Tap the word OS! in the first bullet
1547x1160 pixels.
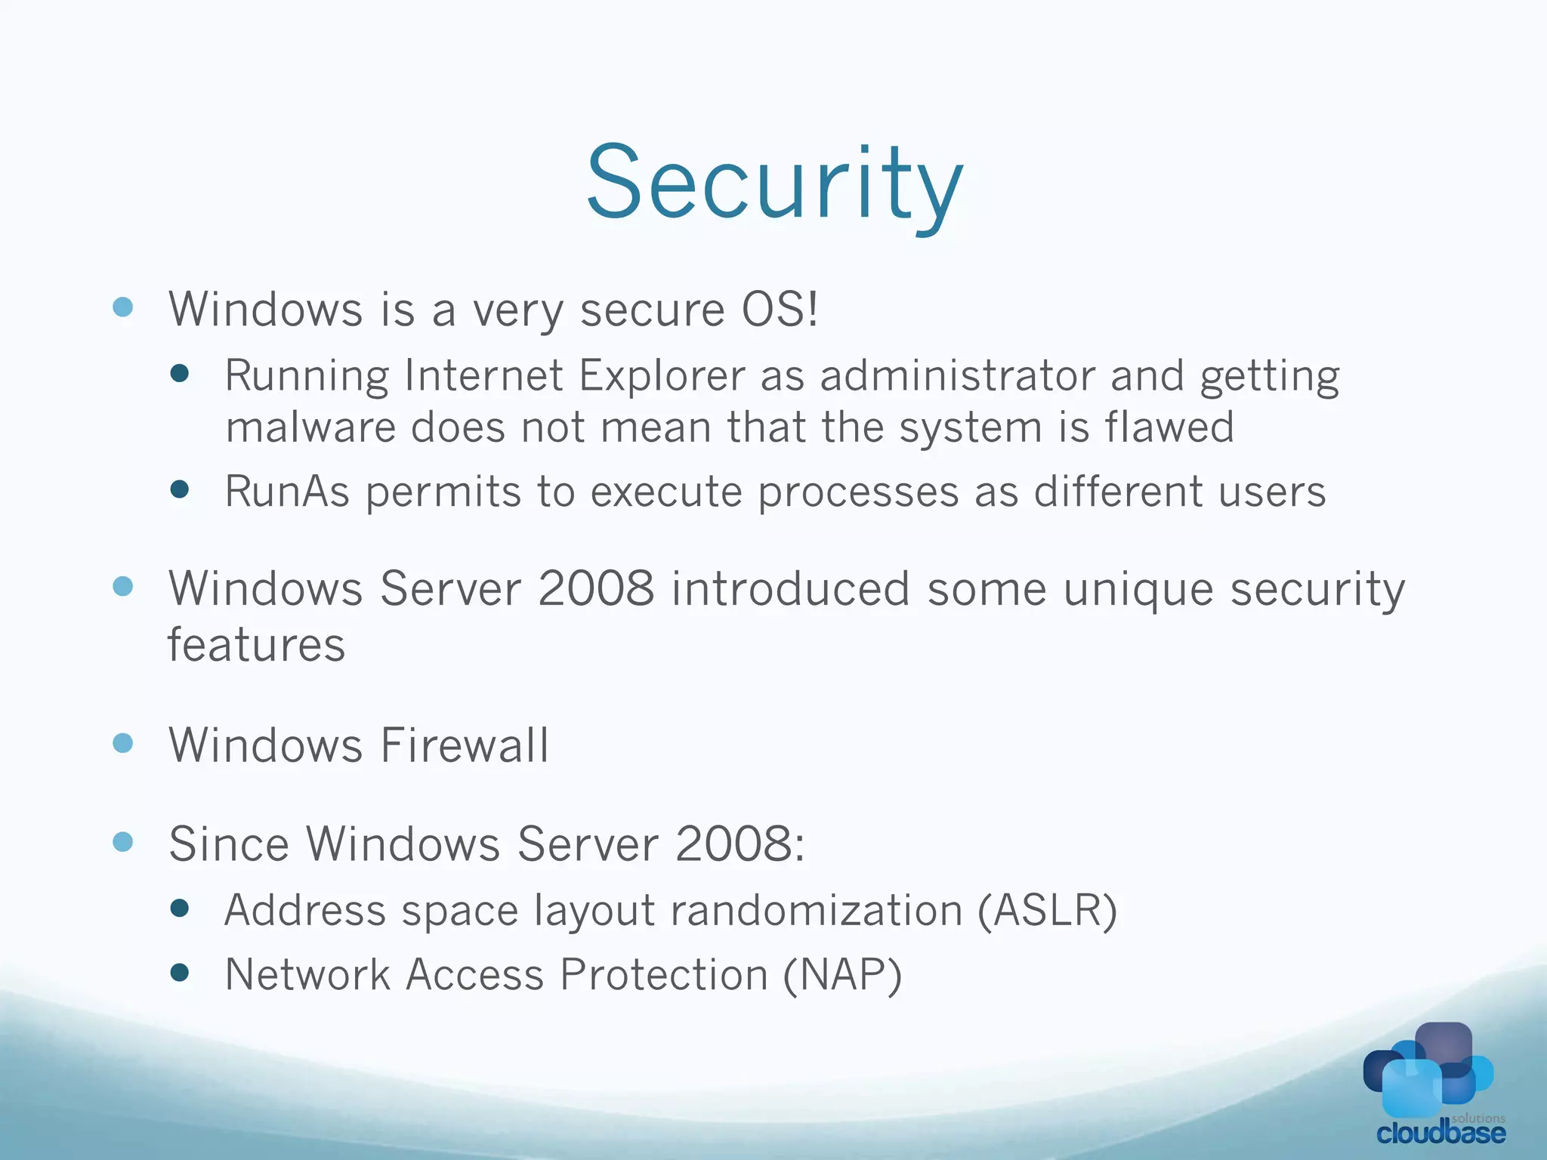click(x=780, y=310)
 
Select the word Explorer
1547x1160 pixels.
click(x=662, y=375)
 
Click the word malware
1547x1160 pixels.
click(x=310, y=427)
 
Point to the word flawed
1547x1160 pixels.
click(x=1169, y=427)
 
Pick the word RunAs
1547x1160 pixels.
click(x=287, y=492)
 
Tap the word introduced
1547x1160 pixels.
click(x=790, y=588)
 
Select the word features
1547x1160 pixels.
click(x=256, y=645)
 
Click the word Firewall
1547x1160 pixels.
click(x=465, y=745)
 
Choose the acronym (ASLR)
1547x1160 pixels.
click(x=1047, y=910)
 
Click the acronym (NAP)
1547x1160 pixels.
click(x=842, y=974)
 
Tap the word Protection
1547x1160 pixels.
click(x=664, y=974)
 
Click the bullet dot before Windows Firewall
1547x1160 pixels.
click(x=123, y=743)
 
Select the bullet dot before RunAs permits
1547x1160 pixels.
click(x=180, y=490)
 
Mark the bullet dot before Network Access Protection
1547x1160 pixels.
click(x=180, y=973)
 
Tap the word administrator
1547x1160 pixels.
click(x=957, y=375)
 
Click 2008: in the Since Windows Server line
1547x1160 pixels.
click(x=740, y=844)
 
